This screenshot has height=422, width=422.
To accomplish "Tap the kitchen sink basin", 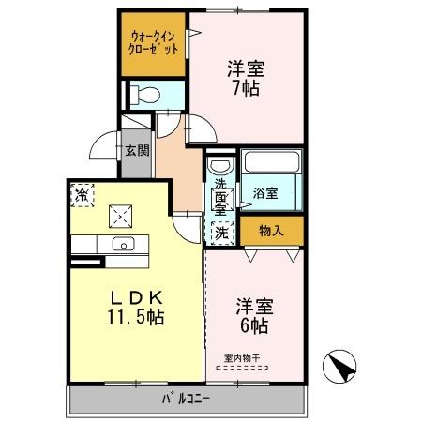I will tap(122, 244).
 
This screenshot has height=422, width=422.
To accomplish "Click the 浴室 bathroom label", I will tap(264, 193).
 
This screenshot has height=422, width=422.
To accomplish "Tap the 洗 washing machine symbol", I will tap(221, 231).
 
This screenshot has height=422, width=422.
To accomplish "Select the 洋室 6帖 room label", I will tap(251, 315).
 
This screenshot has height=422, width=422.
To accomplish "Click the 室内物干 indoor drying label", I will tap(240, 356).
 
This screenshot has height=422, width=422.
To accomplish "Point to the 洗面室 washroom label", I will tap(220, 196).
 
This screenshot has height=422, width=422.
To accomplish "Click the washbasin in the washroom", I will tap(218, 165).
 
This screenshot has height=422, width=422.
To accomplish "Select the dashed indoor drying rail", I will tap(240, 368).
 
